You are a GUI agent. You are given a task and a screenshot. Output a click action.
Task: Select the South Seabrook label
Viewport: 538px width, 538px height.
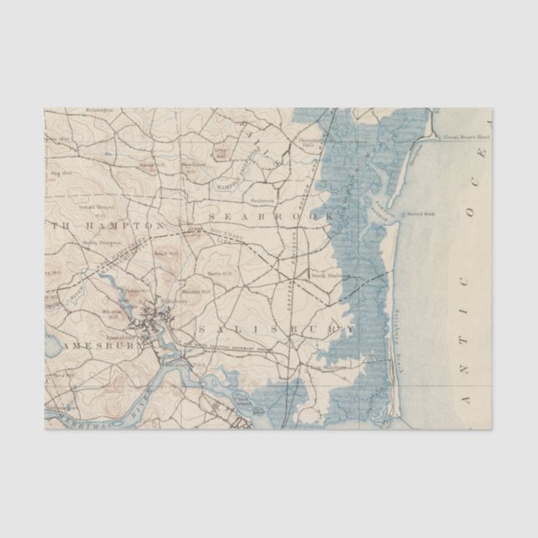point(329,275)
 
